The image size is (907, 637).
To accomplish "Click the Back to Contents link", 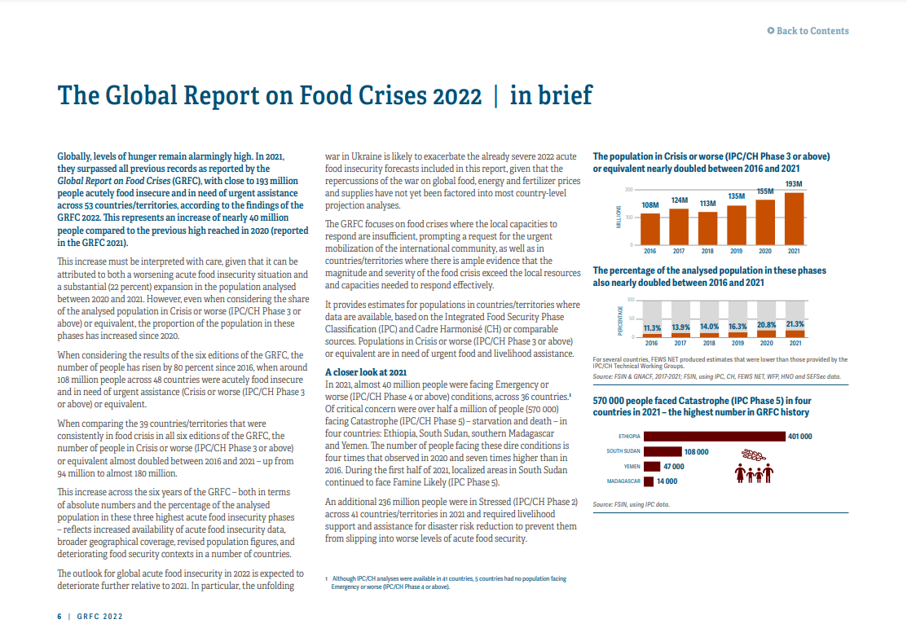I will coord(808,31).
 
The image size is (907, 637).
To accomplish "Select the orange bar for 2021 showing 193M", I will coord(794,217).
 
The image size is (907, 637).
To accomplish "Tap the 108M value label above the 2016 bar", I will coord(650,205).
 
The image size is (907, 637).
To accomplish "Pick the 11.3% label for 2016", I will coord(651,327).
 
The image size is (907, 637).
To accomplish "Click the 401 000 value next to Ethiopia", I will coord(799,437).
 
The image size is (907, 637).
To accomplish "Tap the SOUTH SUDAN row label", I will coord(623,451).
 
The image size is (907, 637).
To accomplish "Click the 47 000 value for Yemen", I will coord(673,466).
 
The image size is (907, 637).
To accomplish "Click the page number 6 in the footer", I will coord(59,617).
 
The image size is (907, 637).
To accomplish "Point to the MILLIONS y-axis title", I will coord(619,217).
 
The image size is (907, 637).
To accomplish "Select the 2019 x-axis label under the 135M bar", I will coord(736,251).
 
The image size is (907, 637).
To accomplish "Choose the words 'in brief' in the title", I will coord(551,96).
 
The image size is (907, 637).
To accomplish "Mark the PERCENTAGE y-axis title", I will coord(619,322).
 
